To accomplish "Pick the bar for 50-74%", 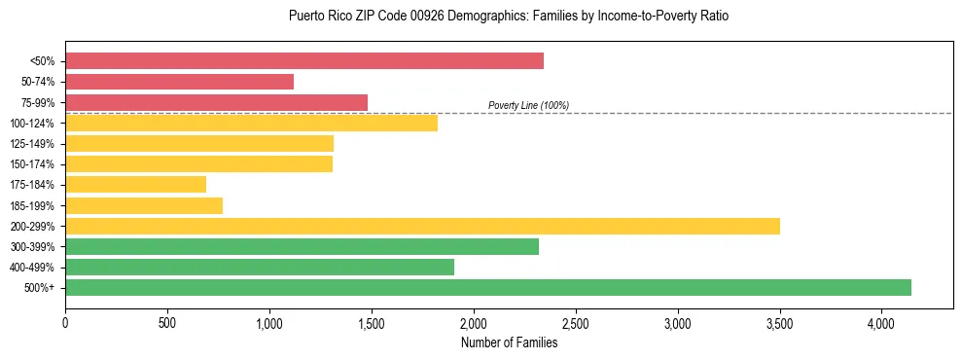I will click(x=179, y=82).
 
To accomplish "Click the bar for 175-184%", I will click(x=135, y=184).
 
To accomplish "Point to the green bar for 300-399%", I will click(x=302, y=246).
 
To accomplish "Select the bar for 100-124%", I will click(x=251, y=123).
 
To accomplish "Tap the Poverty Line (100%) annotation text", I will click(x=528, y=105).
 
